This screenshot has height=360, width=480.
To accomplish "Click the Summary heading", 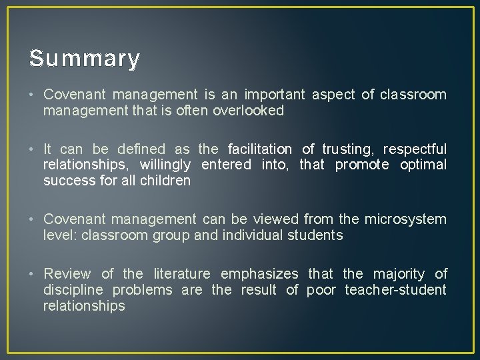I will click(x=85, y=59).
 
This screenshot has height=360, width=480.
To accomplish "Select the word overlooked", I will click(x=249, y=111).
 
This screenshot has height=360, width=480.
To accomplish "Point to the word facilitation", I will click(x=260, y=149).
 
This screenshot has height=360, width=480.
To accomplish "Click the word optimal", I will click(x=423, y=165).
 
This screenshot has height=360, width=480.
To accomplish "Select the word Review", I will click(x=67, y=274).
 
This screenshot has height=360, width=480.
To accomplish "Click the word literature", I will click(x=182, y=274).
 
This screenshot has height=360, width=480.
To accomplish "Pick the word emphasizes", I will click(x=260, y=274).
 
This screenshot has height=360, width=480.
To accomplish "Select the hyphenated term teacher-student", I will click(x=395, y=290).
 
